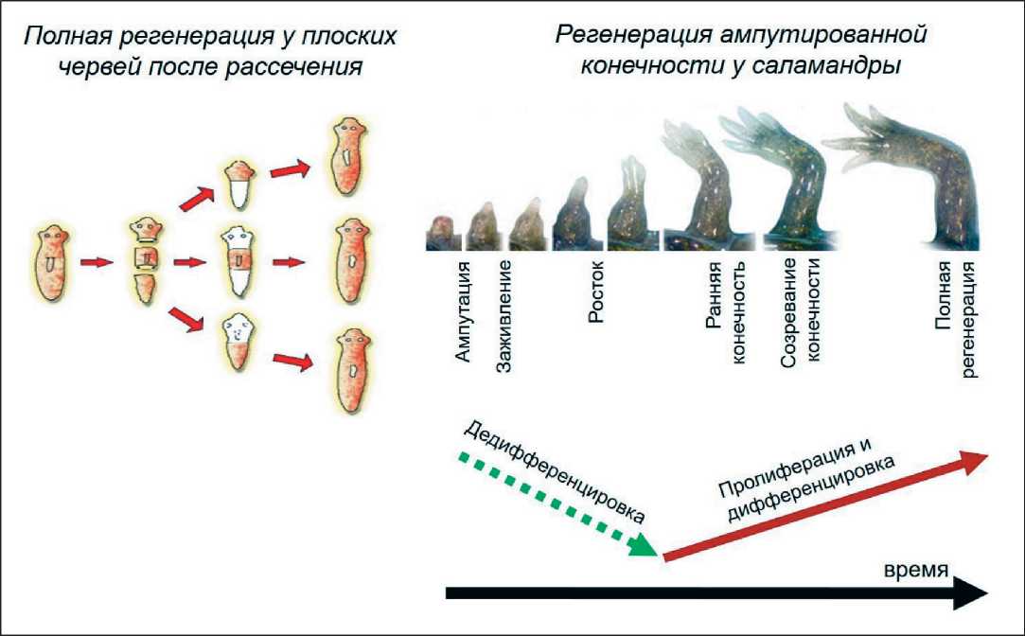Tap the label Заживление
(x=504, y=313)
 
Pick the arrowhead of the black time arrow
(x=970, y=593)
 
